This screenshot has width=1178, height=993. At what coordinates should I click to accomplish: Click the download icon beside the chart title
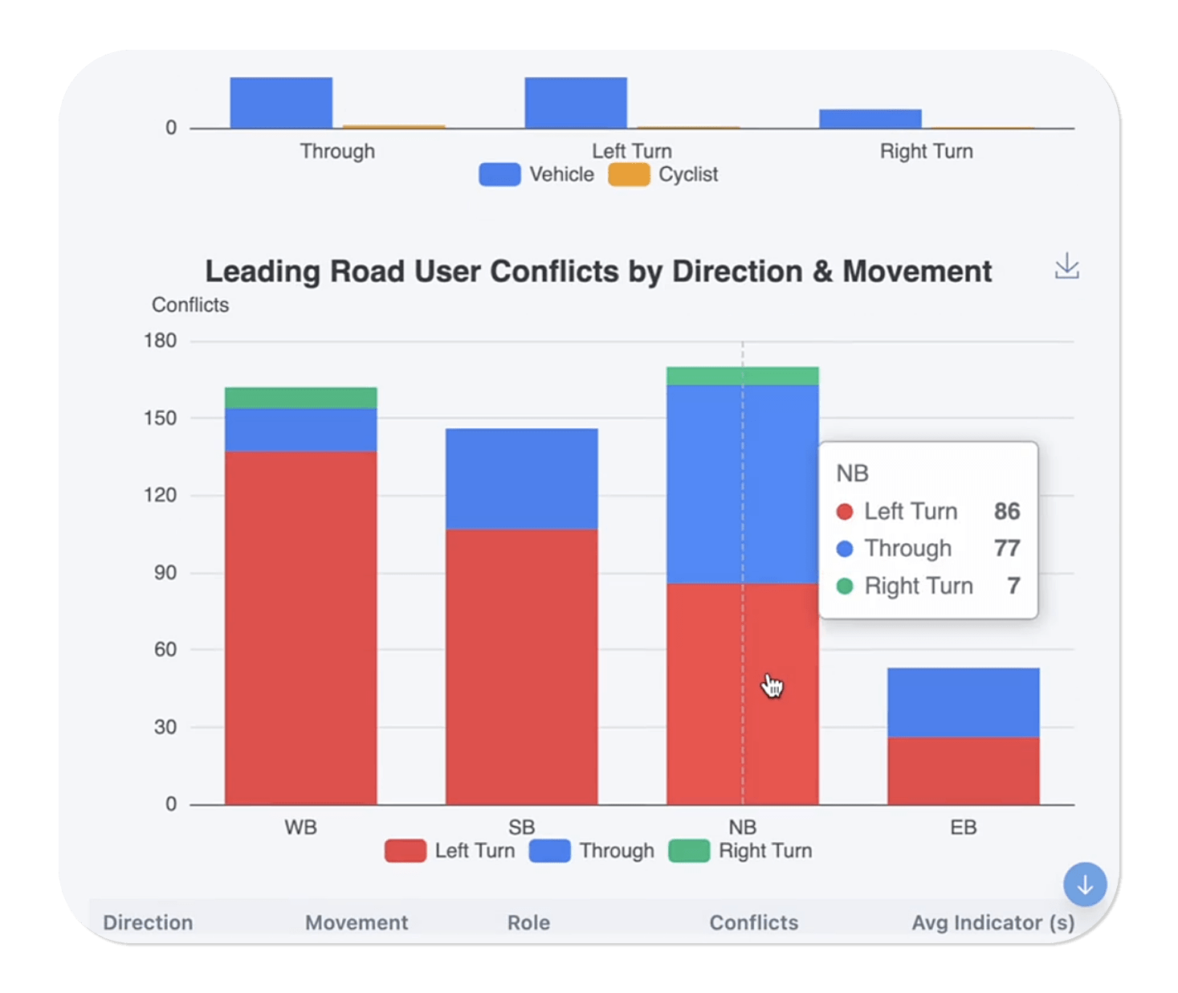click(x=1066, y=266)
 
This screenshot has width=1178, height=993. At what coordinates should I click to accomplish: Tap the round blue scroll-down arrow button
click(x=1085, y=885)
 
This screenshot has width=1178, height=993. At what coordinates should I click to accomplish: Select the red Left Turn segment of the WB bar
click(x=300, y=627)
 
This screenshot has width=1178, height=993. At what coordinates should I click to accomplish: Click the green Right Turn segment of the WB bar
click(x=300, y=398)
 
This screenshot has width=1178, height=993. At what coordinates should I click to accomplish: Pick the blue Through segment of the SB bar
click(x=521, y=478)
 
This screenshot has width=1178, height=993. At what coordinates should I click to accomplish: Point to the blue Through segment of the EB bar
click(x=963, y=702)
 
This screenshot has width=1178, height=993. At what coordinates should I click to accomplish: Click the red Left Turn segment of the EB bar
click(x=963, y=770)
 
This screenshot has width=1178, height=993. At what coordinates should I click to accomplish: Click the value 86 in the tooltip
click(x=1007, y=511)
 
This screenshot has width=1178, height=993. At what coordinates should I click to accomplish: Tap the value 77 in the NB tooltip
click(x=1007, y=548)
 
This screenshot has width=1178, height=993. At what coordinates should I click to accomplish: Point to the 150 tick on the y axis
click(x=161, y=418)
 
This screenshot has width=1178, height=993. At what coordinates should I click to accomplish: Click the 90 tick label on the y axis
click(x=165, y=573)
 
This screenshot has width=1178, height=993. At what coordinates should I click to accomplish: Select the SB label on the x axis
click(x=521, y=827)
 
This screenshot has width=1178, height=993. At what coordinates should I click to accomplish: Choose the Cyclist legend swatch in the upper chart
click(x=629, y=174)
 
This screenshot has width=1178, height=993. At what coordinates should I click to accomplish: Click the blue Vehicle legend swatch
click(x=499, y=174)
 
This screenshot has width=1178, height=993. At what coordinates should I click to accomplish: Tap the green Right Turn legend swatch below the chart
click(x=689, y=851)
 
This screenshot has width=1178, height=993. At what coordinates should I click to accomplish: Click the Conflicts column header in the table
click(x=753, y=922)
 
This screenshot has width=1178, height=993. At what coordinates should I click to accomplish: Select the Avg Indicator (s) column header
click(x=993, y=922)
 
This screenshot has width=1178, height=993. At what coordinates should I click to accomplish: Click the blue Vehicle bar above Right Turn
click(x=870, y=119)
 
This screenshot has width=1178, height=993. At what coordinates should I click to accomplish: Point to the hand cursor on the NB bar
click(x=772, y=686)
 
